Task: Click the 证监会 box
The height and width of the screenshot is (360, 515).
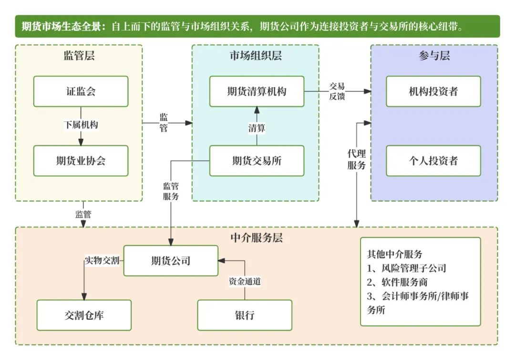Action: [x=81, y=91]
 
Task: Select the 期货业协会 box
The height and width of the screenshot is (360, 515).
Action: [x=81, y=161]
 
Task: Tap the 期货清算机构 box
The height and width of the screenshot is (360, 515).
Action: [x=257, y=91]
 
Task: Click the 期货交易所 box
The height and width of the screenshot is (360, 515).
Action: [x=257, y=161]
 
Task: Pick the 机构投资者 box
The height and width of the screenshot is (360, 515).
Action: [x=433, y=91]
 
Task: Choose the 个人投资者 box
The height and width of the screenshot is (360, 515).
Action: [x=433, y=161]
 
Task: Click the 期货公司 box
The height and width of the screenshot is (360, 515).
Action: [x=171, y=261]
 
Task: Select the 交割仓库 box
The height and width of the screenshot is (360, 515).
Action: [x=84, y=315]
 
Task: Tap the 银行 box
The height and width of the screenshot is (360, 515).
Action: [x=245, y=315]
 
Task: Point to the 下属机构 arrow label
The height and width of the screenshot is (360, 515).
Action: [x=81, y=125]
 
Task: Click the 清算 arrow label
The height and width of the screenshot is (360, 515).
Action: [x=257, y=128]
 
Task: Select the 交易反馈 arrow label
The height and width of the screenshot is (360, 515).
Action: [x=337, y=91]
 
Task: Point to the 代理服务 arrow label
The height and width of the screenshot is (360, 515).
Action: [x=356, y=160]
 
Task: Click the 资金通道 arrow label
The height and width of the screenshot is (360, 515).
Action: [x=245, y=281]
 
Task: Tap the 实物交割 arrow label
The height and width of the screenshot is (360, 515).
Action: [x=102, y=261]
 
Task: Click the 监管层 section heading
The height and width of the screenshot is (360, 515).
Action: [x=79, y=56]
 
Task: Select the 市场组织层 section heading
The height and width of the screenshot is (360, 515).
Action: [x=256, y=56]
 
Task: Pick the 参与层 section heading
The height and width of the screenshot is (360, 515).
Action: [x=434, y=56]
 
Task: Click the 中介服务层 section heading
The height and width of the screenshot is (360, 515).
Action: [x=257, y=237]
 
